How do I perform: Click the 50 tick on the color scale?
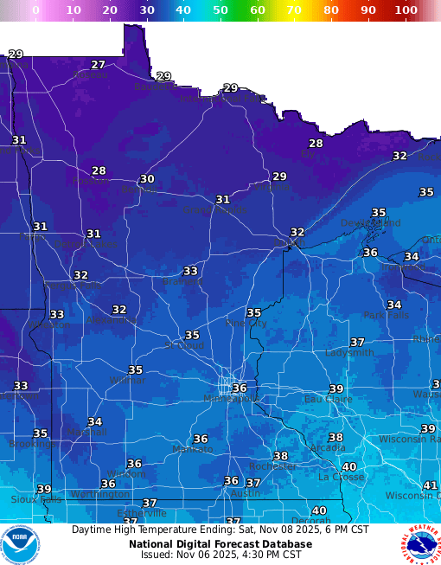click(x=220, y=10)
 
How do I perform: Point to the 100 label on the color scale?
click(x=405, y=10)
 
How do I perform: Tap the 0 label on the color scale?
click(x=35, y=10)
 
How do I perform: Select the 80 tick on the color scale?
click(x=331, y=10)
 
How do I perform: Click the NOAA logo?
click(x=20, y=544)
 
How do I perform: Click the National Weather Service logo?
click(x=420, y=544)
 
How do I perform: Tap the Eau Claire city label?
click(x=328, y=400)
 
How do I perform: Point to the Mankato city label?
click(x=192, y=450)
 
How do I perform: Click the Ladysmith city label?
click(x=349, y=353)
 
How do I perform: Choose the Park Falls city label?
click(x=385, y=316)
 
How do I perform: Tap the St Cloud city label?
click(x=183, y=345)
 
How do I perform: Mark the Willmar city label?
click(x=127, y=381)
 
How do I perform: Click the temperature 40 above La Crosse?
click(x=349, y=466)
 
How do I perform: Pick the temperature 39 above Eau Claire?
click(x=336, y=389)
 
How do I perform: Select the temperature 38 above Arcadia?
click(x=336, y=437)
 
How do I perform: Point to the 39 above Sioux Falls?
click(x=43, y=489)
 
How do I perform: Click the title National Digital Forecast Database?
click(x=220, y=543)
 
